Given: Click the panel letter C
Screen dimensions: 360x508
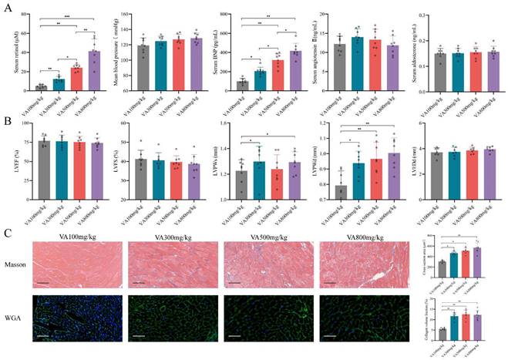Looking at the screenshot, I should click(x=8, y=230).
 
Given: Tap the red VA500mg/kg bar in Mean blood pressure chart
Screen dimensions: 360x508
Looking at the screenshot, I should click(x=178, y=65).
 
